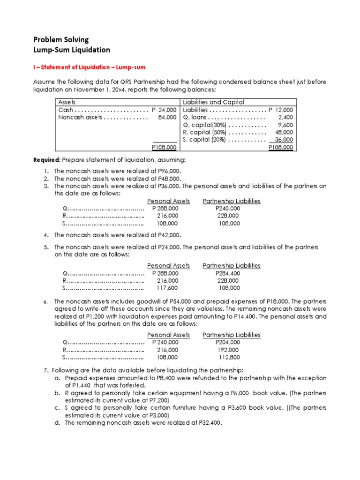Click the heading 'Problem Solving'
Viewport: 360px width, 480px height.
pyautogui.click(x=60, y=39)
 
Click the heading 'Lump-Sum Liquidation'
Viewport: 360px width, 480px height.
pyautogui.click(x=72, y=50)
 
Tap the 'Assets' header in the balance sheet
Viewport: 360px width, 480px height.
pyautogui.click(x=67, y=102)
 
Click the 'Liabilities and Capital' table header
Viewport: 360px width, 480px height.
pyautogui.click(x=213, y=102)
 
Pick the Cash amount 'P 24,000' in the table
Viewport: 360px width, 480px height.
pyautogui.click(x=164, y=110)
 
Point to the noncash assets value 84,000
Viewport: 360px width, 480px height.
pyautogui.click(x=167, y=117)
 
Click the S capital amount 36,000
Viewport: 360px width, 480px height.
pyautogui.click(x=284, y=140)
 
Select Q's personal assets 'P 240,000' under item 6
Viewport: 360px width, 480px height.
pyautogui.click(x=165, y=342)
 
